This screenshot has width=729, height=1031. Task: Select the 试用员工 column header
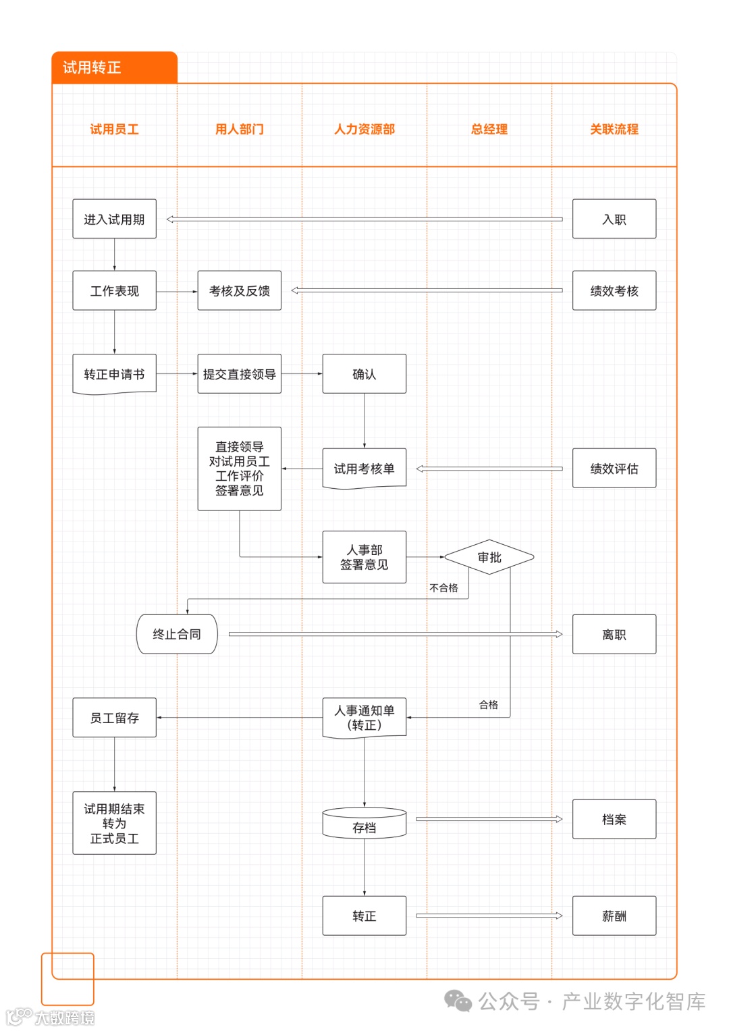[x=114, y=129]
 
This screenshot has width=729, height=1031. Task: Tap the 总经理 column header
[x=489, y=129]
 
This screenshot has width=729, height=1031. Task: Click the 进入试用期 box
[x=114, y=219]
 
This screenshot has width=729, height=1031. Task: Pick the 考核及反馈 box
[x=239, y=290]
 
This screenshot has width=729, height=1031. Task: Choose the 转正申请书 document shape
[x=114, y=374]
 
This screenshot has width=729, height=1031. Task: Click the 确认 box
[x=364, y=373]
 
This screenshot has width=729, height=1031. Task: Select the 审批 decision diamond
[x=489, y=557]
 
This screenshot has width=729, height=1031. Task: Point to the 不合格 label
[x=443, y=588]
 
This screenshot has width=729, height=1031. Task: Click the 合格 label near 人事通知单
[x=489, y=705]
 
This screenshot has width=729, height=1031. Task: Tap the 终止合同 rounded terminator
[x=177, y=634]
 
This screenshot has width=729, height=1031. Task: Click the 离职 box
[x=614, y=634]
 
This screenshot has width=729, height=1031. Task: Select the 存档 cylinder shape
[x=364, y=824]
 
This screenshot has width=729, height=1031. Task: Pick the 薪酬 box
[x=614, y=916]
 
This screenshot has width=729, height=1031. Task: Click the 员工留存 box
[x=114, y=718]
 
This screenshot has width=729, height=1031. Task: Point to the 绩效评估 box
[x=614, y=468]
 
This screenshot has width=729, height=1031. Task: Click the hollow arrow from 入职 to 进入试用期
[x=364, y=219]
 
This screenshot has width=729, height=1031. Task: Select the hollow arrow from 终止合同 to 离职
[x=396, y=634]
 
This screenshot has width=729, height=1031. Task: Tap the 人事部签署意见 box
[x=364, y=557]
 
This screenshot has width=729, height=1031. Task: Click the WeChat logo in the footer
[x=458, y=1001]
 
